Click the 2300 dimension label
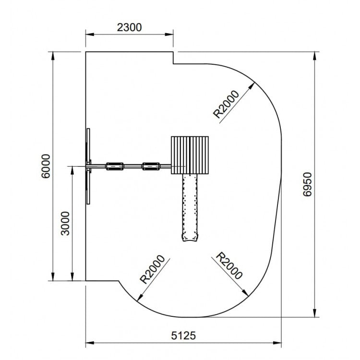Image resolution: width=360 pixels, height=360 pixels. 129,27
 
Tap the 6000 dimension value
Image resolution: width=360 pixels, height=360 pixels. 46,166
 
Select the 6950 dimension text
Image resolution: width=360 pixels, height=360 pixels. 307,184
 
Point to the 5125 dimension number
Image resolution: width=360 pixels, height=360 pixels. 183,336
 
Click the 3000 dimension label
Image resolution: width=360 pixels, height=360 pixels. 65,223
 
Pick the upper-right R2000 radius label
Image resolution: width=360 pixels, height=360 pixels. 226,104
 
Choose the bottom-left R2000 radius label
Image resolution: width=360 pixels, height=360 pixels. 153,269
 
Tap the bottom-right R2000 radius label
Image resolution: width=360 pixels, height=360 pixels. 229,265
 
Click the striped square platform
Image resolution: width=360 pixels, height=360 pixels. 190,155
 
